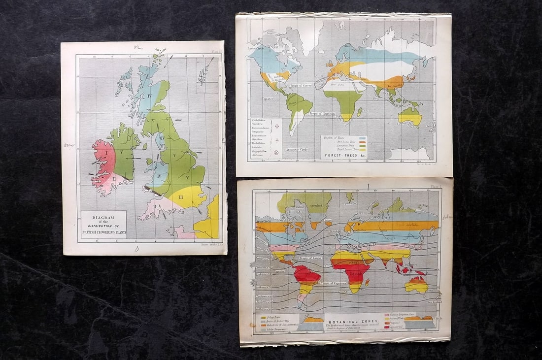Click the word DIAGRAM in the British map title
tap(103, 217)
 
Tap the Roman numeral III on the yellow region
tap(181, 197)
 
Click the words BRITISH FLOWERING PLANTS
tap(103, 232)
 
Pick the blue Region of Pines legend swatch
tap(363, 139)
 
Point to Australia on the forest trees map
tap(410, 117)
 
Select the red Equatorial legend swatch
tap(386, 327)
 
